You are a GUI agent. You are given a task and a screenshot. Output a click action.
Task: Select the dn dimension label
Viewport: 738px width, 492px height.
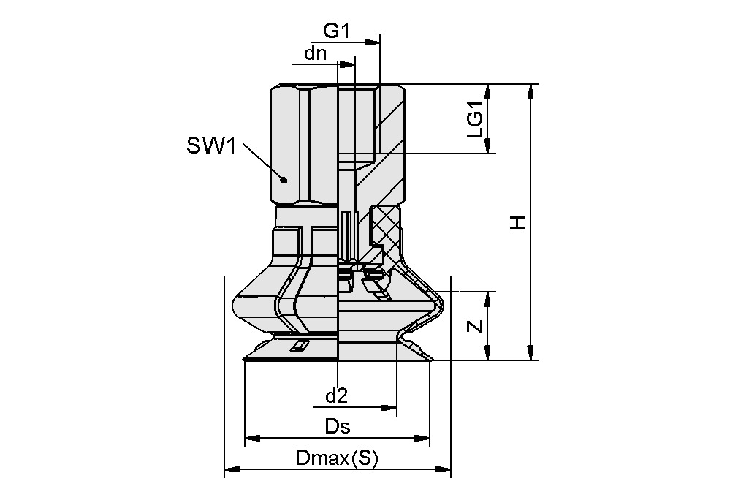tap(315, 53)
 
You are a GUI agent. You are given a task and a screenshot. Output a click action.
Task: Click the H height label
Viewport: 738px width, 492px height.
tap(518, 222)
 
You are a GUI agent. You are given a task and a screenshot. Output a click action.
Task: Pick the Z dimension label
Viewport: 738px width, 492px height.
tap(476, 326)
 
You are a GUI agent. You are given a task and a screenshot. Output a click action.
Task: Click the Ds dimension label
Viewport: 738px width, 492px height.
tap(337, 427)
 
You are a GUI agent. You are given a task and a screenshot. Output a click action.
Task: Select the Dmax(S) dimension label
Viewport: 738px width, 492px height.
tap(336, 459)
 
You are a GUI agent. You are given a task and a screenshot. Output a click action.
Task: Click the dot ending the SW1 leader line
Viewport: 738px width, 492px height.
tap(284, 180)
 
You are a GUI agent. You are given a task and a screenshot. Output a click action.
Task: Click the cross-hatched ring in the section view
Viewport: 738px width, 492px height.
tap(387, 224)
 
